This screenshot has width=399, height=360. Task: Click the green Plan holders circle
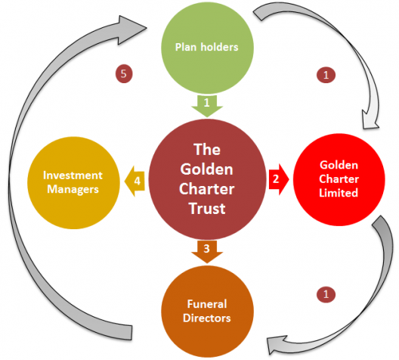point(207,48)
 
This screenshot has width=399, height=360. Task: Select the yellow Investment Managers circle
point(73,183)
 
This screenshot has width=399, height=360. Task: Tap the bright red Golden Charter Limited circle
point(339,179)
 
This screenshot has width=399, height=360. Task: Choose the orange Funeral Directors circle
point(207,312)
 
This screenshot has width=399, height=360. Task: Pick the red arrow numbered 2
point(279,179)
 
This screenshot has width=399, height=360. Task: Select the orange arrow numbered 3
point(207,252)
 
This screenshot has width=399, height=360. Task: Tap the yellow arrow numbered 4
point(135,182)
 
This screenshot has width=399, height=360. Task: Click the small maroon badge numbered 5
point(124,74)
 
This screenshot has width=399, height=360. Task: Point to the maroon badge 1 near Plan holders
point(326,75)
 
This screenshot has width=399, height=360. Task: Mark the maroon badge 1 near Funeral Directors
point(326,294)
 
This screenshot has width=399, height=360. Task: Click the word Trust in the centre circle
point(207,209)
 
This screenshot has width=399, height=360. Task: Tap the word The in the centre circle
point(207,150)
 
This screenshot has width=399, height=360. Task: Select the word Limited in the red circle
point(339,193)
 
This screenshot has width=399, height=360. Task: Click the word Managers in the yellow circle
point(73,190)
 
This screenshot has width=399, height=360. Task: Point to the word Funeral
point(207,304)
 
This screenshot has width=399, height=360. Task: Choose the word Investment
point(73,175)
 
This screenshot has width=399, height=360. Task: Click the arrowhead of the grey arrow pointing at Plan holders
point(132,30)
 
